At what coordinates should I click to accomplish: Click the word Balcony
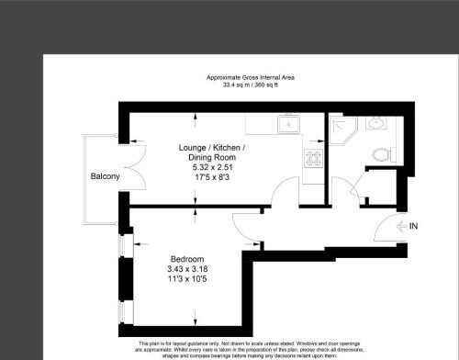click(x=105, y=176)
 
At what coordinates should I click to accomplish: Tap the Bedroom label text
click(x=186, y=258)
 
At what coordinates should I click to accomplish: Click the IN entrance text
click(x=412, y=225)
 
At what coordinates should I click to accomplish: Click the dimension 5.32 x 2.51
click(x=211, y=167)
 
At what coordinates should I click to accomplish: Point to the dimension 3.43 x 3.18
click(x=186, y=268)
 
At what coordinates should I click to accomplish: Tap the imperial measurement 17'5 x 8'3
click(x=211, y=177)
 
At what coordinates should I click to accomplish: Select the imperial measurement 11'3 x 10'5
click(x=186, y=278)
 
